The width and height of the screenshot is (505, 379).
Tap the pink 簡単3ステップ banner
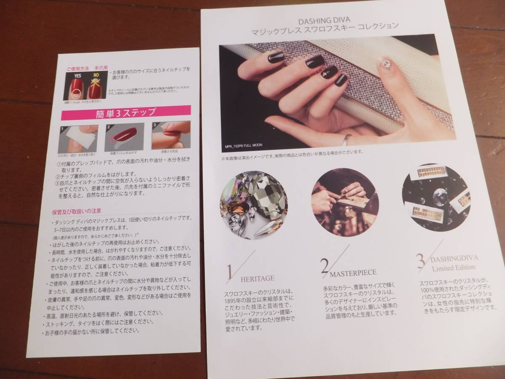pyautogui.click(x=125, y=113)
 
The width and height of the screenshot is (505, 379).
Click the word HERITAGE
pyautogui.click(x=258, y=278)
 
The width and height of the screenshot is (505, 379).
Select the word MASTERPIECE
pyautogui.click(x=353, y=272)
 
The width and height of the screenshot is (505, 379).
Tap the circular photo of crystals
pyautogui.click(x=254, y=203)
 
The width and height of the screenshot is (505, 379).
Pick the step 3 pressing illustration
pyautogui.click(x=170, y=134)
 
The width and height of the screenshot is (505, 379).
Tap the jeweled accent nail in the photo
pyautogui.click(x=385, y=64)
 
